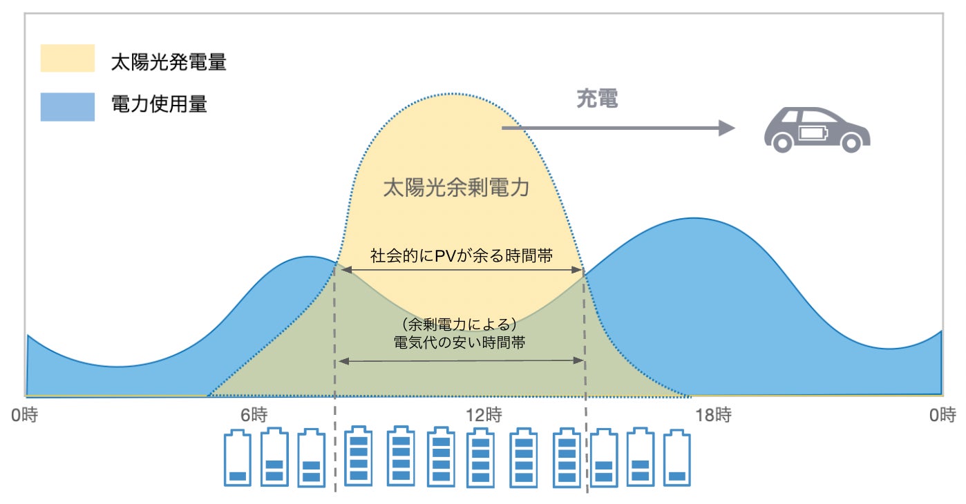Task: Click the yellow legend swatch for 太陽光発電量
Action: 67,59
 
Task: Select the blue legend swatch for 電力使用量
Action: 67,107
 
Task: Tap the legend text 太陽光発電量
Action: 169,63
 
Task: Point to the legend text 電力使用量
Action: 159,105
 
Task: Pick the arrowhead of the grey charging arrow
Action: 726,128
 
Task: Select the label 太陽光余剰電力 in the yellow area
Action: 456,188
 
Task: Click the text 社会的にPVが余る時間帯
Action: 461,256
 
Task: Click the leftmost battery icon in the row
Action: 238,458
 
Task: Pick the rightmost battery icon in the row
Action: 676,458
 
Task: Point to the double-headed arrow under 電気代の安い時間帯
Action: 461,360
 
